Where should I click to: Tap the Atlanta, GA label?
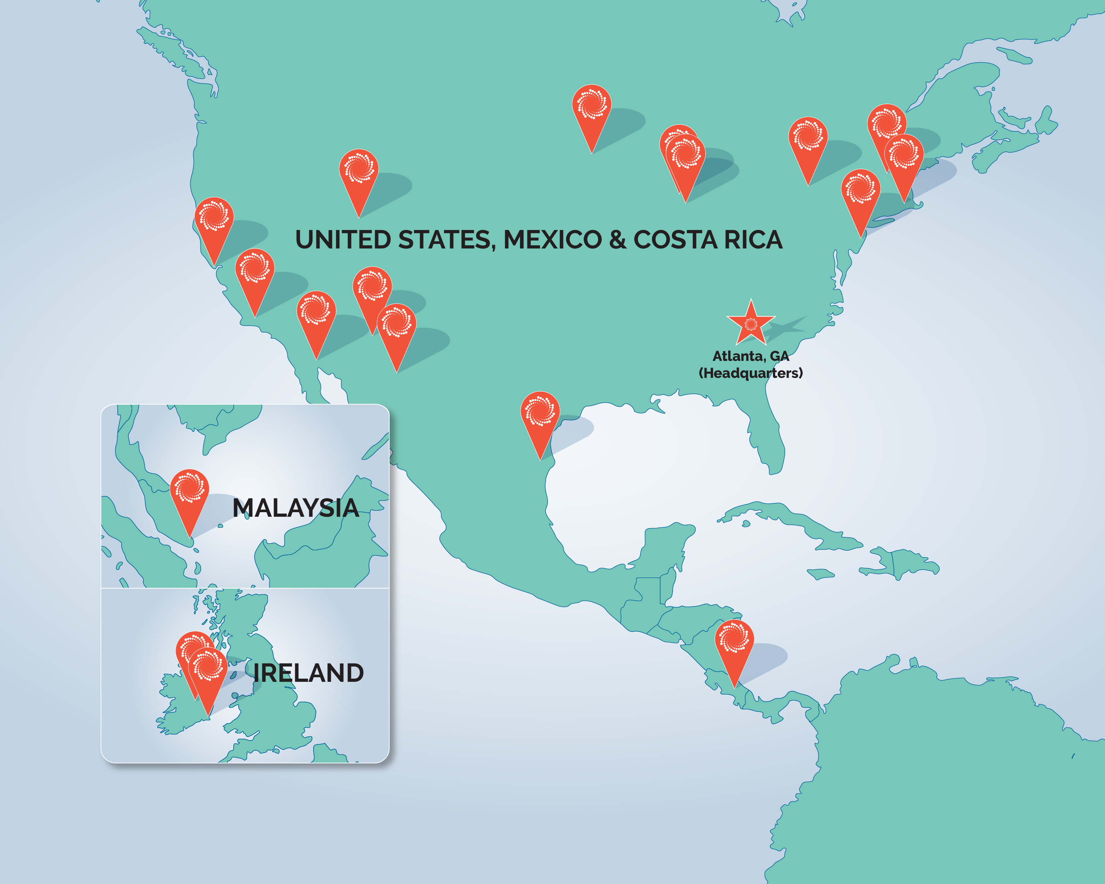point(750,356)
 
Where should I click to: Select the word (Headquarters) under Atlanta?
point(750,373)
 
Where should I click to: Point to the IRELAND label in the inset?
point(308,673)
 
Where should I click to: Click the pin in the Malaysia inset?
point(189,490)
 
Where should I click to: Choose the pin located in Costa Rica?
point(734,640)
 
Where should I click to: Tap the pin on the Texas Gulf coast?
point(540,412)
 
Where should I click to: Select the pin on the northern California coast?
point(214,218)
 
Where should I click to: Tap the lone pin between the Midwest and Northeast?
point(808,138)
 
